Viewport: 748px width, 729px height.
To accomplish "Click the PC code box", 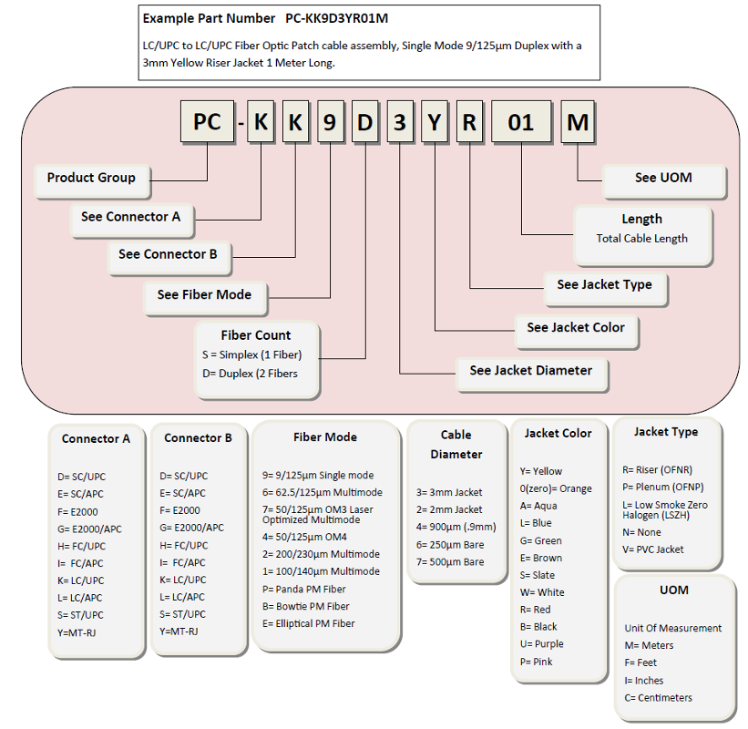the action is tap(208, 122).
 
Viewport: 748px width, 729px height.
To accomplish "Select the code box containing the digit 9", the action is tap(331, 122).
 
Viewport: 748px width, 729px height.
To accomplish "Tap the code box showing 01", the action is tap(521, 122).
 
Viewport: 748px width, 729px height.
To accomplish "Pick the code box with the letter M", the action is tap(578, 122).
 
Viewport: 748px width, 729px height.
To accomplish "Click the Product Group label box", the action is tap(93, 181).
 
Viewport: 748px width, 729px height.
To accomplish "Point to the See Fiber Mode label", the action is tap(206, 298).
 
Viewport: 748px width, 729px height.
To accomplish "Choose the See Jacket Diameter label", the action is tap(532, 375).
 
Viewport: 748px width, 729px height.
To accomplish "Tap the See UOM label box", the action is tap(664, 181).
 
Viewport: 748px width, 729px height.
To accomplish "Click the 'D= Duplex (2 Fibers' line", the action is tap(250, 374).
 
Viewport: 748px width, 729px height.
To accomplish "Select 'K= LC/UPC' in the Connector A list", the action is tap(80, 580).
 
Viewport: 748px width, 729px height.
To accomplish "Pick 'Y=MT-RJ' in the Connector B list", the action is tap(179, 631).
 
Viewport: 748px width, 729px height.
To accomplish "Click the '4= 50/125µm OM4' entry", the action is tap(304, 538).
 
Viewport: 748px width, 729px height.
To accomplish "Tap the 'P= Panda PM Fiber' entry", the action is tap(304, 590).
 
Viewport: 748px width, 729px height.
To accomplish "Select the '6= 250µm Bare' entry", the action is tap(450, 545).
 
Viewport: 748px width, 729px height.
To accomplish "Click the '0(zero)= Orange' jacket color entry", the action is tap(556, 489).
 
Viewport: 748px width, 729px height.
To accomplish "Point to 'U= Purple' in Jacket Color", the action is tap(541, 644).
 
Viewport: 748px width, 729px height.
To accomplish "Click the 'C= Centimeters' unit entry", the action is tap(659, 698).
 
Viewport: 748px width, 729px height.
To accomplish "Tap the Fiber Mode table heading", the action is tap(325, 437).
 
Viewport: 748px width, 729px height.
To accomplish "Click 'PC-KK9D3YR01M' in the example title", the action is tap(337, 18).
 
